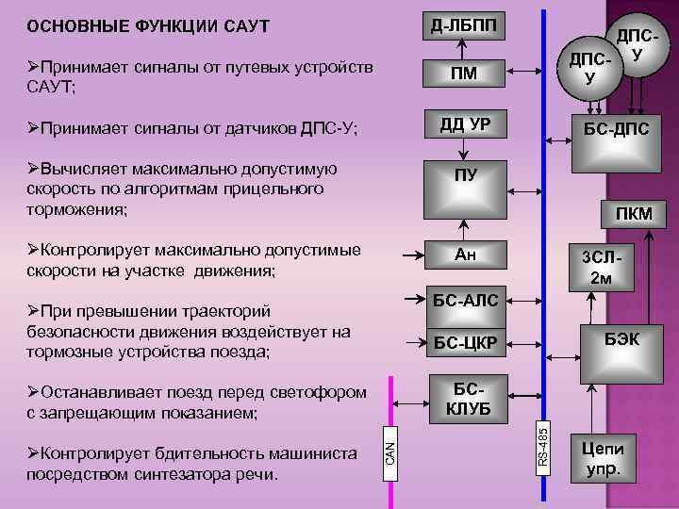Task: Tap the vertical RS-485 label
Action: click(543, 448)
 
